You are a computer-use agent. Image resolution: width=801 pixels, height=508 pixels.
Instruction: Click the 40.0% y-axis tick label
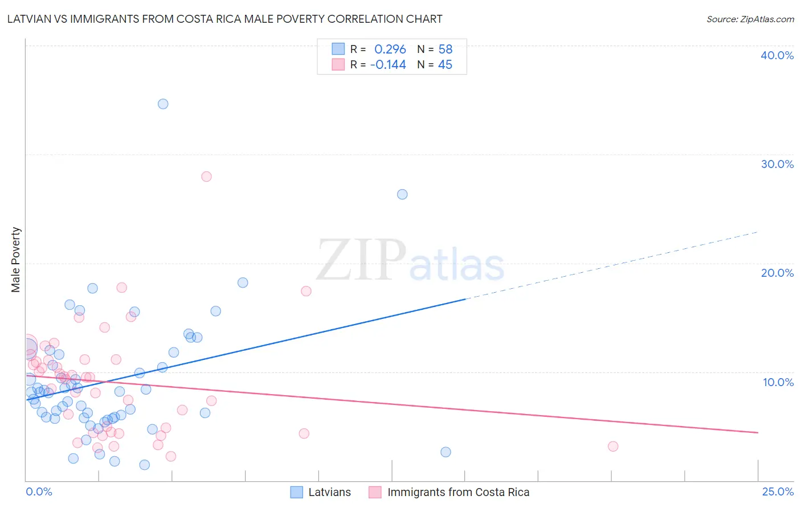[x=777, y=55]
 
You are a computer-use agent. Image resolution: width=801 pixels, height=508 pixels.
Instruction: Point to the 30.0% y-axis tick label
[x=777, y=164]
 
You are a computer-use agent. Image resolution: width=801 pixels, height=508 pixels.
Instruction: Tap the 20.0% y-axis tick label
[x=777, y=273]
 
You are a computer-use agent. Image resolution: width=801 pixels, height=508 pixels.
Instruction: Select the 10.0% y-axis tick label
[x=778, y=382]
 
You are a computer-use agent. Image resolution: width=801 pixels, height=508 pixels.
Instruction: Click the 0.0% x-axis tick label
[x=39, y=491]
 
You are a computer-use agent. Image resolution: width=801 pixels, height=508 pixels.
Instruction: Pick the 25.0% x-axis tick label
[x=778, y=491]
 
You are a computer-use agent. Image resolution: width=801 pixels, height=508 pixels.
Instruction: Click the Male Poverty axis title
[x=16, y=260]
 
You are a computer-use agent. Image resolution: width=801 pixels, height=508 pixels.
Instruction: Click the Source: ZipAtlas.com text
[x=750, y=19]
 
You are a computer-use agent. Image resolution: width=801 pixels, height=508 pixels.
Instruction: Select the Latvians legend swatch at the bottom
[x=297, y=492]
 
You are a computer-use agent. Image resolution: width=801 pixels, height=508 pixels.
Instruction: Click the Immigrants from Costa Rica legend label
[x=458, y=492]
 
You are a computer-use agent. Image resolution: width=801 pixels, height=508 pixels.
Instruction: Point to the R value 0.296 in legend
[x=390, y=50]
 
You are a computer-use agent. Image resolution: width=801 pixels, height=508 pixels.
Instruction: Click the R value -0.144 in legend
[x=388, y=65]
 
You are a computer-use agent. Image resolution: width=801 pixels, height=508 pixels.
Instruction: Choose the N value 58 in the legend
[x=445, y=50]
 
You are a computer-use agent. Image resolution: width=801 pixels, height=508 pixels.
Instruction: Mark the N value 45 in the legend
[x=445, y=65]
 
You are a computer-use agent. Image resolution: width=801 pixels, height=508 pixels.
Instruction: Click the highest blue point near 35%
[x=163, y=104]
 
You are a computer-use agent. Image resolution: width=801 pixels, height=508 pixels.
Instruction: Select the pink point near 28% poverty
[x=206, y=177]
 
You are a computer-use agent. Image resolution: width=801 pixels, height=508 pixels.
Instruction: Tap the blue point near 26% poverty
[x=402, y=194]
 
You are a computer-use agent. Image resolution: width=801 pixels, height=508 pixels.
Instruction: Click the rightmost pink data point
[x=613, y=446]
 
